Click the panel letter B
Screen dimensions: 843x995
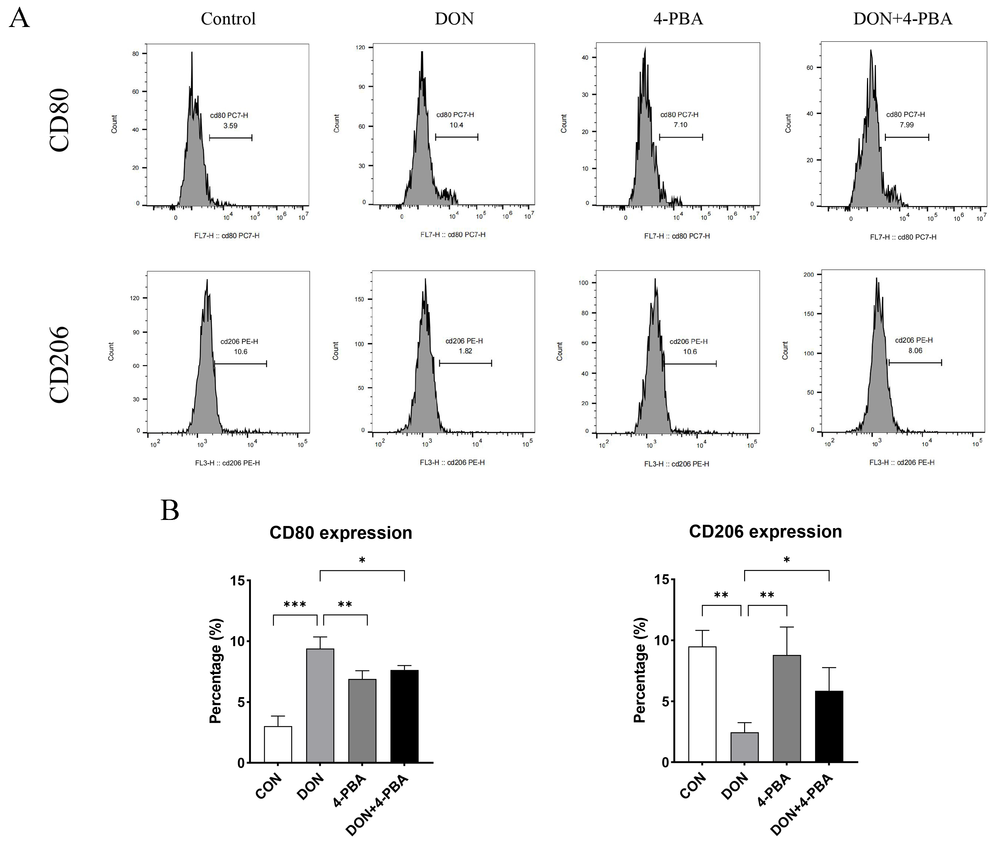click(170, 511)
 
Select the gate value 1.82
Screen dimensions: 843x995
click(465, 351)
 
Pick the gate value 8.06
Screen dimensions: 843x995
click(915, 350)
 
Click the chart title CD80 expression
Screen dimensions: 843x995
click(340, 533)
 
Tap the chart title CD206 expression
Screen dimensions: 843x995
click(765, 532)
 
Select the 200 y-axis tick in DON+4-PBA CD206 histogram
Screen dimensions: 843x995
click(809, 275)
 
